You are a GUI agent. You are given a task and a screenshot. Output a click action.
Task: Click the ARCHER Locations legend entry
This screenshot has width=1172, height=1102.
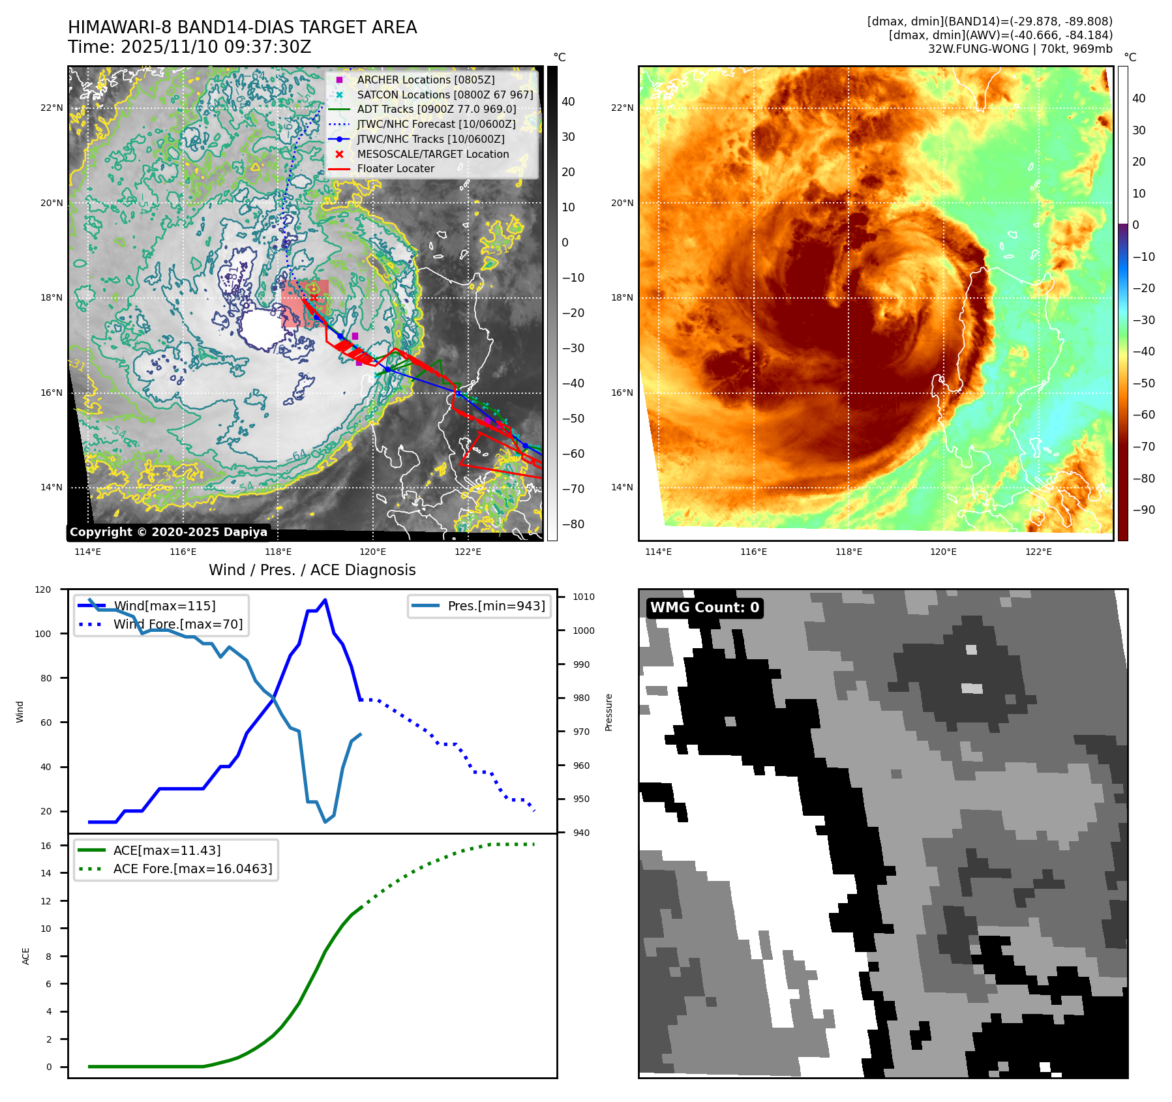(x=425, y=80)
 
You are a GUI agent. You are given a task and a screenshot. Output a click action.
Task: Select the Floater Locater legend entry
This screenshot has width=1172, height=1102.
(x=395, y=168)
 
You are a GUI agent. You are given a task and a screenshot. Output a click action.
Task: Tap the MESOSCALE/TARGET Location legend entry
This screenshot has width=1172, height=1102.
(x=432, y=154)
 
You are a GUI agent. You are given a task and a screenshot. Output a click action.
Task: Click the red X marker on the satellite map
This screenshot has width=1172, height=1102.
(x=314, y=297)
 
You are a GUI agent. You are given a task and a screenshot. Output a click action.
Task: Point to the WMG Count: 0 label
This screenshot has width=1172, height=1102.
(x=704, y=608)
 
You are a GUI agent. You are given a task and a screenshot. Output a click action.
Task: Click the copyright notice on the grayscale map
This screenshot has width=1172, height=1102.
(x=168, y=532)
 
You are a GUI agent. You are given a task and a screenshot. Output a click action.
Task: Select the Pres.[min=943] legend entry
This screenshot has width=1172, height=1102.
(x=496, y=606)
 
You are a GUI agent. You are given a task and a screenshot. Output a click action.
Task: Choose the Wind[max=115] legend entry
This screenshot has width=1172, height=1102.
(x=164, y=606)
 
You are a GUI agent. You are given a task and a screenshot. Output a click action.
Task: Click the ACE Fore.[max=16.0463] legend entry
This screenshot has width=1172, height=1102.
(x=192, y=869)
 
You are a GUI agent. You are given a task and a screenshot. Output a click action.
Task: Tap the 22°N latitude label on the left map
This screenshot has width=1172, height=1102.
(x=52, y=108)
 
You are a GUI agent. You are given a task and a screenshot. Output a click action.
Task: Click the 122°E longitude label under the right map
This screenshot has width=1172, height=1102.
(x=1038, y=552)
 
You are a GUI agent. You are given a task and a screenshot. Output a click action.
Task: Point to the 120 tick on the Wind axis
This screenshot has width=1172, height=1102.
(x=43, y=589)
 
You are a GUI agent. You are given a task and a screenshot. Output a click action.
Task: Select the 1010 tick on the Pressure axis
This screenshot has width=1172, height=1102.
(x=584, y=597)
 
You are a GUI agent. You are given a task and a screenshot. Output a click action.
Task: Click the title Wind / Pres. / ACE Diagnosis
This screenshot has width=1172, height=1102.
(x=312, y=570)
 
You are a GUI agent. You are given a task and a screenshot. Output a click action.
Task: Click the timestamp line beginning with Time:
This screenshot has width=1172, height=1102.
(x=189, y=47)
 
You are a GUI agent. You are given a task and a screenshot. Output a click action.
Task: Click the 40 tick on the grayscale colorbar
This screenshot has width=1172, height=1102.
(x=568, y=102)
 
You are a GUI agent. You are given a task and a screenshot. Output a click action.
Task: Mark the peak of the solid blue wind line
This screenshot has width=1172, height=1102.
(x=325, y=599)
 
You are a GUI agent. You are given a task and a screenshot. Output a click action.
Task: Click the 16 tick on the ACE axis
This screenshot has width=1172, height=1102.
(x=46, y=846)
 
